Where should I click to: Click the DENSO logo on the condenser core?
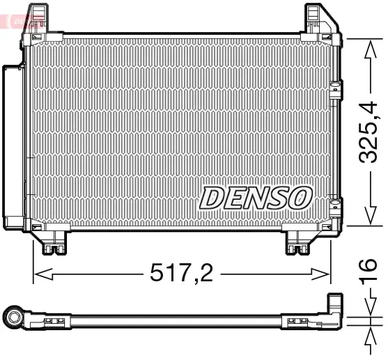[255, 197]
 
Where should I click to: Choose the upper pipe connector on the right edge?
[336, 89]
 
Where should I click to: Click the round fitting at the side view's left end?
[13, 318]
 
